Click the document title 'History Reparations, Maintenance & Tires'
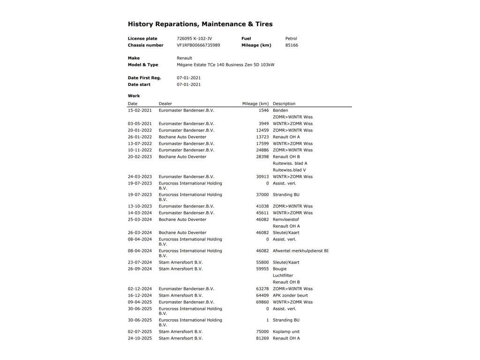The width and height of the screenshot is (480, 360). click(x=200, y=24)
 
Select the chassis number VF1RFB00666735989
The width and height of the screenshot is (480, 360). click(x=198, y=45)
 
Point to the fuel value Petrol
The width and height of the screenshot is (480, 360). click(x=291, y=38)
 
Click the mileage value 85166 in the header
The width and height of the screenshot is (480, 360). click(x=292, y=45)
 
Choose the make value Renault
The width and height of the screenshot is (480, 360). click(x=184, y=58)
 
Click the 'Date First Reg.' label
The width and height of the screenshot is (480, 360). click(x=144, y=78)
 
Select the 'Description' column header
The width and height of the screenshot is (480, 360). click(x=284, y=104)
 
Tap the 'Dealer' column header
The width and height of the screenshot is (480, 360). click(x=165, y=104)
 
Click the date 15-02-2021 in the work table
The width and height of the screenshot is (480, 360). click(x=140, y=111)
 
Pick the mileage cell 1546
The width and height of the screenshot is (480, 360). click(x=263, y=111)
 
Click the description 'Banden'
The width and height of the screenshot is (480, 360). click(x=280, y=111)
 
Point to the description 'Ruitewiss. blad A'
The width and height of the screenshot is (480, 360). click(x=290, y=164)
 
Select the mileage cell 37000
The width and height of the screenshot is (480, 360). click(x=262, y=195)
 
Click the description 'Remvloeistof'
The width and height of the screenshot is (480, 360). click(x=286, y=219)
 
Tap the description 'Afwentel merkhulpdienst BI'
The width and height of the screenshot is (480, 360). click(x=300, y=251)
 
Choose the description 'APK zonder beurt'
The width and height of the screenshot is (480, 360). click(x=290, y=296)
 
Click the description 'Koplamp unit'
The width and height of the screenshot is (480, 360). click(x=286, y=332)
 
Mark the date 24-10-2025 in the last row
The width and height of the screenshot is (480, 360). click(x=140, y=338)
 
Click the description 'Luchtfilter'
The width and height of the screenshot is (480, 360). click(x=283, y=276)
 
